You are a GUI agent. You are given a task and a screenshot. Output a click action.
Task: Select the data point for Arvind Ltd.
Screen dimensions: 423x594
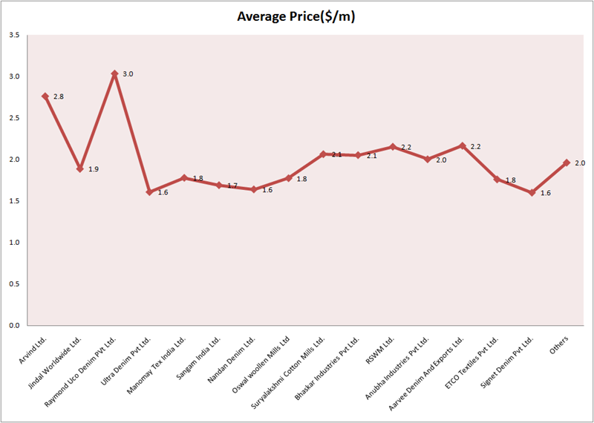[x=45, y=96]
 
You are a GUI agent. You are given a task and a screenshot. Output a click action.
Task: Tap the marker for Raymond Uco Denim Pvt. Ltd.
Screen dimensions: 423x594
[x=114, y=74]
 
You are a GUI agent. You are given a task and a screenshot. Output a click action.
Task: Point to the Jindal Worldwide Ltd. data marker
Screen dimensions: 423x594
[x=79, y=168]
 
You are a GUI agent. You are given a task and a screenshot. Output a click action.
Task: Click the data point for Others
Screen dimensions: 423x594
[x=567, y=163]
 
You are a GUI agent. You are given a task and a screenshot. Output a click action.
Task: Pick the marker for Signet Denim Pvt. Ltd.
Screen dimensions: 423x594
[x=532, y=192]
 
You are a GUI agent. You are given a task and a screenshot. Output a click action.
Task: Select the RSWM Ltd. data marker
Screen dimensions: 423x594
[x=393, y=147]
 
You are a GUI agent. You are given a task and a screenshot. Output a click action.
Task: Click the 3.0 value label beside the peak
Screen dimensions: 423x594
[x=127, y=74]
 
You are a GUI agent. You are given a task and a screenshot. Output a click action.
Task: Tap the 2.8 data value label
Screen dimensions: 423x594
[x=58, y=96]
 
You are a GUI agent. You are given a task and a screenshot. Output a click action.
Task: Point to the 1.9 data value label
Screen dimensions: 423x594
[x=93, y=169]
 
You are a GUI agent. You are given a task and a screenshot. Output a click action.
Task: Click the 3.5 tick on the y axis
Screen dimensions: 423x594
[x=14, y=35]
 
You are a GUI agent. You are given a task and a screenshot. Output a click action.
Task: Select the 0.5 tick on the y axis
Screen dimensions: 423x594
[x=14, y=283]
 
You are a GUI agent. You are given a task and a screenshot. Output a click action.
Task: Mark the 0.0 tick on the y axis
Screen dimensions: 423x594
[x=14, y=325]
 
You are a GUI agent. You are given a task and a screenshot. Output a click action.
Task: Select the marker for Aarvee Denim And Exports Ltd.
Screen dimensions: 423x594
[x=463, y=145]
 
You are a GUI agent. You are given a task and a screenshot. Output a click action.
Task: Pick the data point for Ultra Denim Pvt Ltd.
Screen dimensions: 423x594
[x=149, y=192]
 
